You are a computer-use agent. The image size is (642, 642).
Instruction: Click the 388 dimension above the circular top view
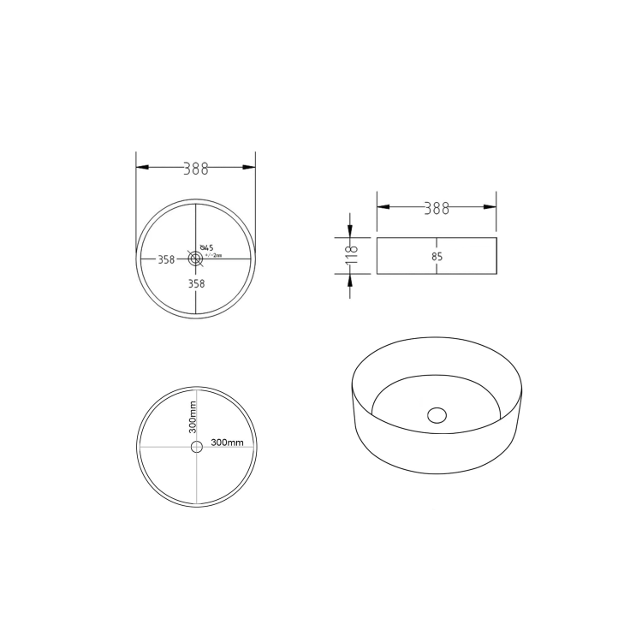point(196,169)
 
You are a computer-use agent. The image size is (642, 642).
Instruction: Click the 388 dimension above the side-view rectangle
point(437,208)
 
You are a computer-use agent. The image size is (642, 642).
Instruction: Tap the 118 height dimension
point(350,255)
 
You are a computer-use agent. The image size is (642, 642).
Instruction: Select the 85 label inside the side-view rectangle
point(437,256)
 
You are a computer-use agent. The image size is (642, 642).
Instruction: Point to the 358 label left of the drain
point(166,259)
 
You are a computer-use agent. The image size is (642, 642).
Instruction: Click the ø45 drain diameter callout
point(206,248)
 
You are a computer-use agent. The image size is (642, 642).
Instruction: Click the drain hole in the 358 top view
point(195,259)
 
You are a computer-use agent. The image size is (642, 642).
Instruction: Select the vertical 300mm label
point(193,417)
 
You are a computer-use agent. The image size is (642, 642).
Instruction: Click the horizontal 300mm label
point(227,443)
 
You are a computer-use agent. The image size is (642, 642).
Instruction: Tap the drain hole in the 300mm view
point(196,447)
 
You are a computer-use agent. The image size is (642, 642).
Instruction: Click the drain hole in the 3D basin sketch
point(437,415)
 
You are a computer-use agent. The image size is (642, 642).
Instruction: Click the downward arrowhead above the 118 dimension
point(350,231)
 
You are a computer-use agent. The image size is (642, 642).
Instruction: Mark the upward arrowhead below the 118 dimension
point(350,281)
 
